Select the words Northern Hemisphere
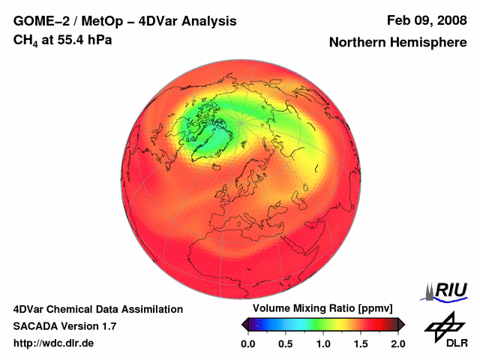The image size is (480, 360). [x=397, y=43]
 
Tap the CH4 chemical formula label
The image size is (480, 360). [x=26, y=40]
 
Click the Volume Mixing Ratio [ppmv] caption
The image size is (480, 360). [x=322, y=309]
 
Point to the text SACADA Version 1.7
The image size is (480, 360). [x=64, y=326]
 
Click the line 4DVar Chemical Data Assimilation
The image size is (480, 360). [x=97, y=309]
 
